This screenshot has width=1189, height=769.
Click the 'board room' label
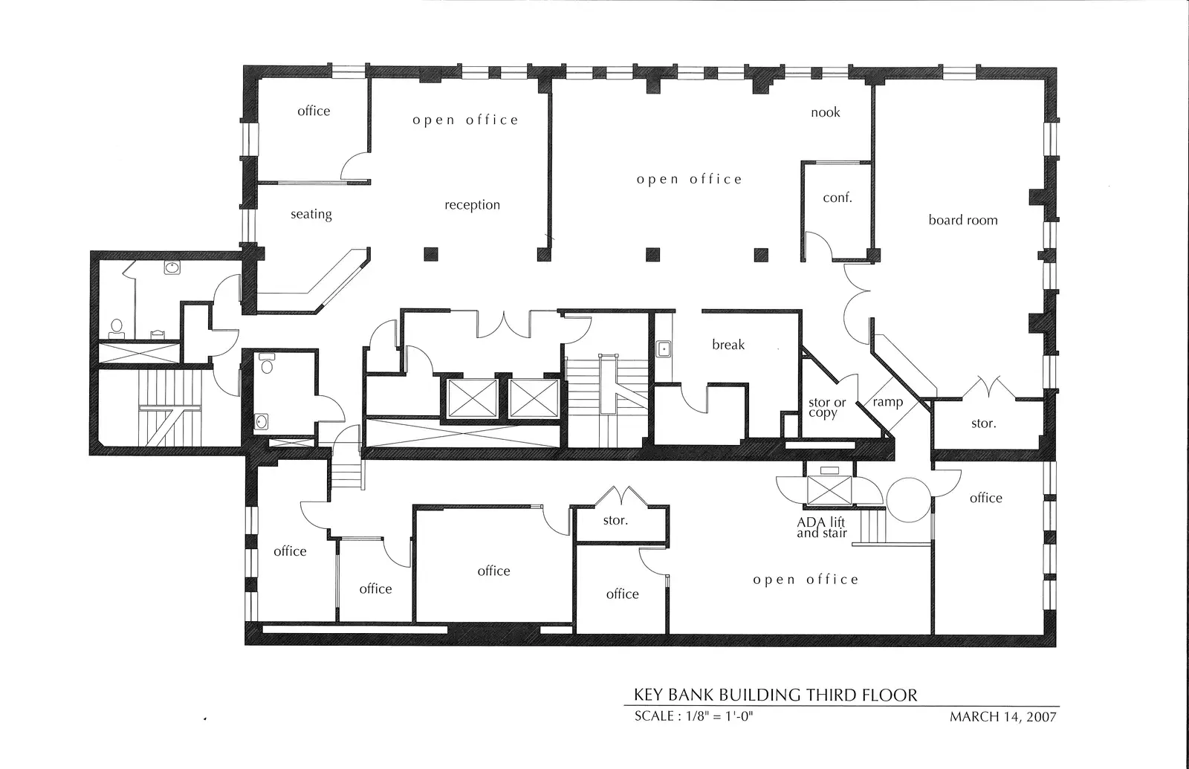(x=963, y=220)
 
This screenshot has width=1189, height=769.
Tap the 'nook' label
(x=826, y=112)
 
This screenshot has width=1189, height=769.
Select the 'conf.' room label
(x=838, y=198)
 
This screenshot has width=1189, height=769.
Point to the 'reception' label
(x=473, y=205)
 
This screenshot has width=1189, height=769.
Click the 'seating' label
(x=311, y=214)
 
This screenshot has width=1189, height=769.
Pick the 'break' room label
(x=728, y=345)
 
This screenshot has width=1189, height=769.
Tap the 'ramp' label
(x=888, y=402)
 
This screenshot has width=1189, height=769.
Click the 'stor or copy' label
(x=827, y=408)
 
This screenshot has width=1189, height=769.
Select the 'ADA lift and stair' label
(x=822, y=528)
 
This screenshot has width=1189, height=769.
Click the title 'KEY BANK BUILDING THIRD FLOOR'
(x=776, y=695)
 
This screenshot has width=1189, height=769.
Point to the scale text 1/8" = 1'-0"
(x=720, y=716)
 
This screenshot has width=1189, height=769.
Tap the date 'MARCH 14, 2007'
(x=1003, y=717)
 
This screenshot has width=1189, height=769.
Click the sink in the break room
(x=664, y=349)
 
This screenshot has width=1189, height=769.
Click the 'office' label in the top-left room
(x=314, y=111)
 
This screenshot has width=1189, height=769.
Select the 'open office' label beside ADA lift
(x=806, y=580)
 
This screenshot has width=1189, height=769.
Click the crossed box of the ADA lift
(x=829, y=490)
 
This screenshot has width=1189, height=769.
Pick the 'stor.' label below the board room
(x=984, y=424)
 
